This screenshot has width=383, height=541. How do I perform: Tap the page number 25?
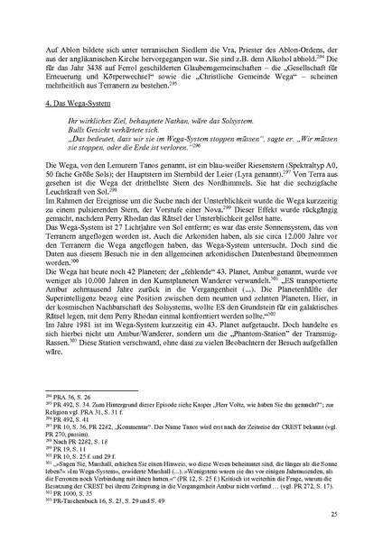coord(333,513)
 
